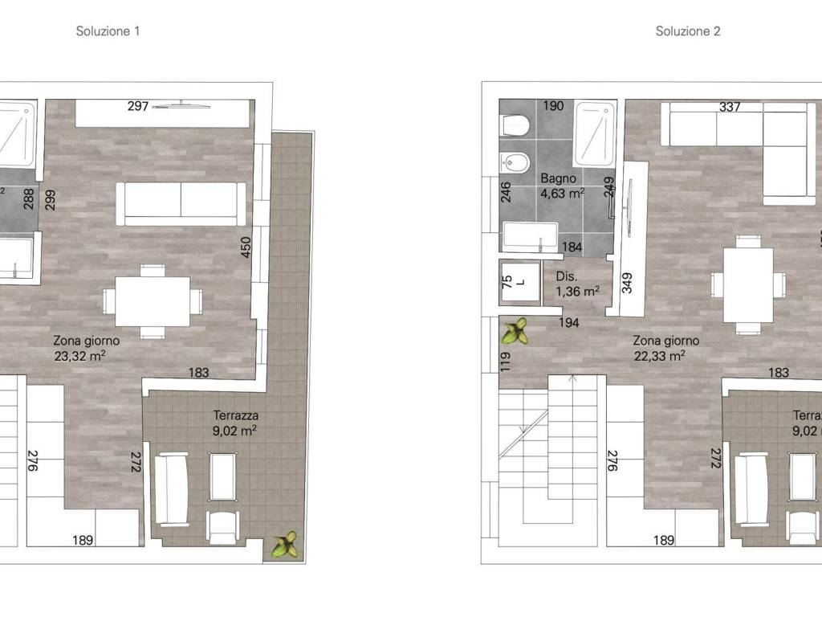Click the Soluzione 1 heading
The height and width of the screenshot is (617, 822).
point(108,31)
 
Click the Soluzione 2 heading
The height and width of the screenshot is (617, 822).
point(688,31)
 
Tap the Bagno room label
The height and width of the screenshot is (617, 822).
point(559,178)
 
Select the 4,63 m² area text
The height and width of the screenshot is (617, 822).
point(563,194)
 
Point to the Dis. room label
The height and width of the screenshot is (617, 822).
point(567,276)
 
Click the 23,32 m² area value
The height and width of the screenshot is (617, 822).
point(79,356)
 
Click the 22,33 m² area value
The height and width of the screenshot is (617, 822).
point(660,356)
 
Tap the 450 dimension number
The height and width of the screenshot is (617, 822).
point(246,247)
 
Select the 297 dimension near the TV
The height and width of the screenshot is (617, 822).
point(138,107)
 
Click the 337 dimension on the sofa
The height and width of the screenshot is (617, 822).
point(730,107)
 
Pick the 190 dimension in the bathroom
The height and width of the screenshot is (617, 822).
point(553,106)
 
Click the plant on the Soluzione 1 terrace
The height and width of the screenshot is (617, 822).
point(285,544)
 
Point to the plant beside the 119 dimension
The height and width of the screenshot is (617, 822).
point(515,331)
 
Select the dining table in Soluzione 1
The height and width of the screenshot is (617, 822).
point(153,301)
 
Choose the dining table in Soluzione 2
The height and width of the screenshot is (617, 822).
point(748,285)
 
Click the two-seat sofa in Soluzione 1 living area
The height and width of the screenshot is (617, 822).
point(181,203)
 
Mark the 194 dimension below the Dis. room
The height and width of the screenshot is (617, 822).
point(569,323)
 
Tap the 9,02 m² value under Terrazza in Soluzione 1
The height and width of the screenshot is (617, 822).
point(234,431)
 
